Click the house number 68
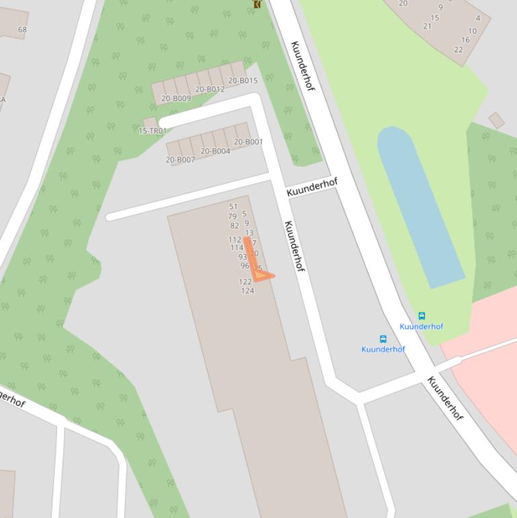[x=23, y=30]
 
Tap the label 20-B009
[x=176, y=98]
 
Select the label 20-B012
[x=210, y=89]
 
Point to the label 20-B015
[x=243, y=81]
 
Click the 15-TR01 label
[x=153, y=131]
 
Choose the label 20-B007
[x=180, y=159]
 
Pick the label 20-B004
[x=215, y=151]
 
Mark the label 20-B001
[x=248, y=142]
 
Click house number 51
[x=233, y=207]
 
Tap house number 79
[x=233, y=217]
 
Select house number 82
[x=235, y=226]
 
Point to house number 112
[x=235, y=239]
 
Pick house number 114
[x=237, y=248]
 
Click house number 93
[x=242, y=257]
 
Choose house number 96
[x=245, y=266]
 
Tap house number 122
[x=245, y=282]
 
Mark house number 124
[x=247, y=291]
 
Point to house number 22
[x=459, y=49]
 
